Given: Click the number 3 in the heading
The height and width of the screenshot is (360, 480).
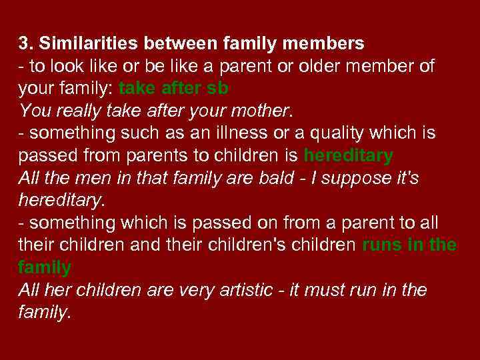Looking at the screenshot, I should [x=23, y=44].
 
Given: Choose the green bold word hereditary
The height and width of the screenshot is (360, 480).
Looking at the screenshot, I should [x=348, y=156].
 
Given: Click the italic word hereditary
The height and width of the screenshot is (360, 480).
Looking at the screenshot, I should [x=61, y=200].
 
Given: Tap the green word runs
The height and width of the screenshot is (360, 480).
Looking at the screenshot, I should [x=381, y=245].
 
